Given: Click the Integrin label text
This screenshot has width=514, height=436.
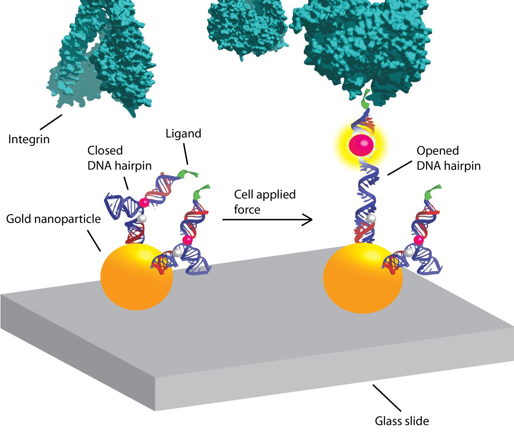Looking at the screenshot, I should click(29, 139).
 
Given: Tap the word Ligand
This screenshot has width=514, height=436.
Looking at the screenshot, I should click(183, 134).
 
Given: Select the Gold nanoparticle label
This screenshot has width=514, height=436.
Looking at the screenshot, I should click(54, 219).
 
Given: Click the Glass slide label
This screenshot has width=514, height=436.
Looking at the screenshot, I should click(402, 421).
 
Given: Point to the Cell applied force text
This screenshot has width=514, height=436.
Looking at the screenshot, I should click(264, 202).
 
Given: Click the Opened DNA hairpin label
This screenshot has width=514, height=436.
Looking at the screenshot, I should click(448, 158).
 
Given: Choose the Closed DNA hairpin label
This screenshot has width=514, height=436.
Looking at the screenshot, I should click(119, 158).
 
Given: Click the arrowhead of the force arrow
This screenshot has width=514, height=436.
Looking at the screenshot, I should click(308, 219).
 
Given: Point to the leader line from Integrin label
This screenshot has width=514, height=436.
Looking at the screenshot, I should click(51, 122).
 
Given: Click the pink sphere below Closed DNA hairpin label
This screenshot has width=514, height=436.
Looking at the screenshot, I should click(144, 203).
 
